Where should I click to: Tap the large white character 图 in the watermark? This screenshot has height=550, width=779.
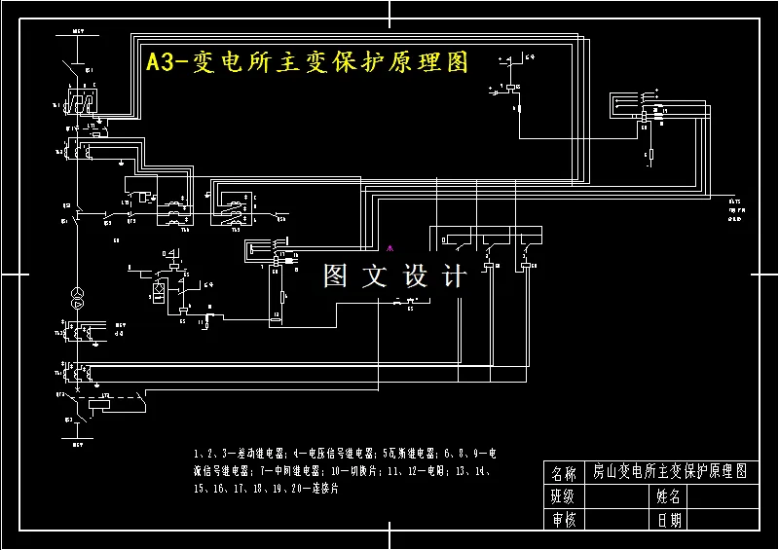click(x=336, y=276)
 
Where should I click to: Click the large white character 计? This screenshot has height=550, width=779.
click(x=454, y=276)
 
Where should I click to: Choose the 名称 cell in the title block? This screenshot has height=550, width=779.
click(x=564, y=474)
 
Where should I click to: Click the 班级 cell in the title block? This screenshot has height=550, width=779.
click(x=564, y=496)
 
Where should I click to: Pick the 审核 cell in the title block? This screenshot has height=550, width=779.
click(x=564, y=520)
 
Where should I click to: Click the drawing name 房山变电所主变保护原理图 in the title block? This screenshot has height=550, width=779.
click(x=670, y=473)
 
